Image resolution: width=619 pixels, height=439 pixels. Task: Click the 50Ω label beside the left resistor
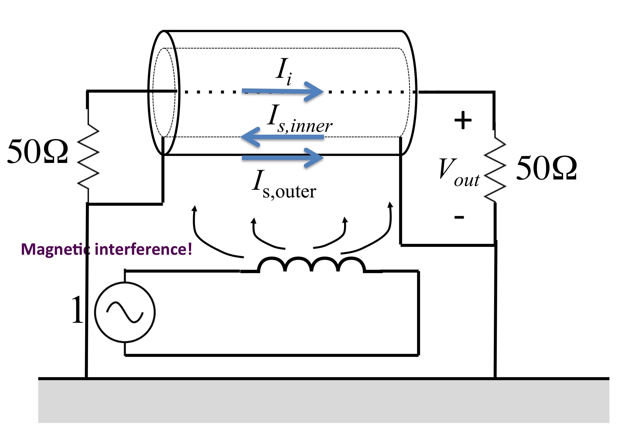(38, 151)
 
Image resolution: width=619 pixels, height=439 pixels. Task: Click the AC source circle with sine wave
(125, 312)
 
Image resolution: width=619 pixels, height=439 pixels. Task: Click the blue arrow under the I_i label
(283, 91)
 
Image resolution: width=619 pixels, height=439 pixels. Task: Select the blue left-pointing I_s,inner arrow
(282, 137)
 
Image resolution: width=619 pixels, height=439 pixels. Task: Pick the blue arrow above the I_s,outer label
(283, 158)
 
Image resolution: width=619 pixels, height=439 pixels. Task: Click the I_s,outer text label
(284, 185)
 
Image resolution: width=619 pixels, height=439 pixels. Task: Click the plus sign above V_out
(463, 120)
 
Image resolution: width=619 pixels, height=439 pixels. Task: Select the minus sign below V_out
(459, 217)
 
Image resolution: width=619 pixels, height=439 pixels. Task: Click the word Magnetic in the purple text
(55, 249)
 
